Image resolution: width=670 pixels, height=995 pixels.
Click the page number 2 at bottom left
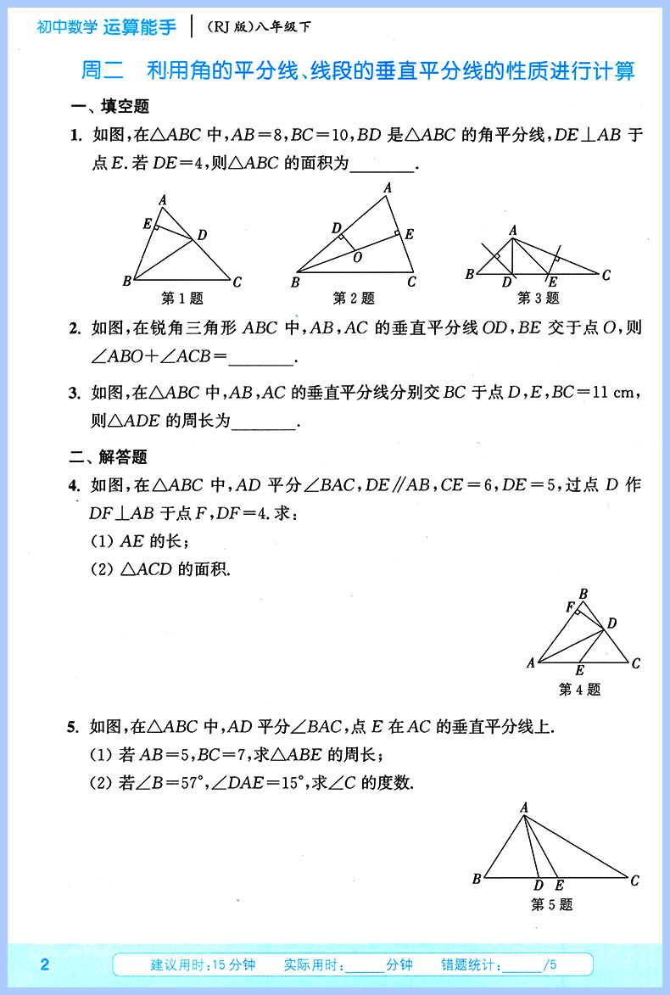45,964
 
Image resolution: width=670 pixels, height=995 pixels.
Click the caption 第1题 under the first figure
182,298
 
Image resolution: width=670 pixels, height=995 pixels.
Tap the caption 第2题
354,298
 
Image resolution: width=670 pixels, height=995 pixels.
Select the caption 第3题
539,298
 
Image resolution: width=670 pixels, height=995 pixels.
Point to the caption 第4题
579,690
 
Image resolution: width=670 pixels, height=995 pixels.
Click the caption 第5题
551,905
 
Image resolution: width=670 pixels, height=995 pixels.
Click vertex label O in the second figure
357,256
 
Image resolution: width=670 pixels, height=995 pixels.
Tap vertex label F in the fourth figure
570,607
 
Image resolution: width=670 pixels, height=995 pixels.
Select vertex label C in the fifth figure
634,880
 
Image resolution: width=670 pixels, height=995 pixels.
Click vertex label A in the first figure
163,200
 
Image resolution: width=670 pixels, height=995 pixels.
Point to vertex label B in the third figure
470,274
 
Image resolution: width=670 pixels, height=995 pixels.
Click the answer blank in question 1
382,165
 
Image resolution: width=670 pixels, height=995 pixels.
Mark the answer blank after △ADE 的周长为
264,421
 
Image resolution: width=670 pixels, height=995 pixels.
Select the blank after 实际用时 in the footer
366,965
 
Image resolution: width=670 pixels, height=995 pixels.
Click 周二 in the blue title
103,70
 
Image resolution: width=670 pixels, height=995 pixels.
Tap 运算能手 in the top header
140,27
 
